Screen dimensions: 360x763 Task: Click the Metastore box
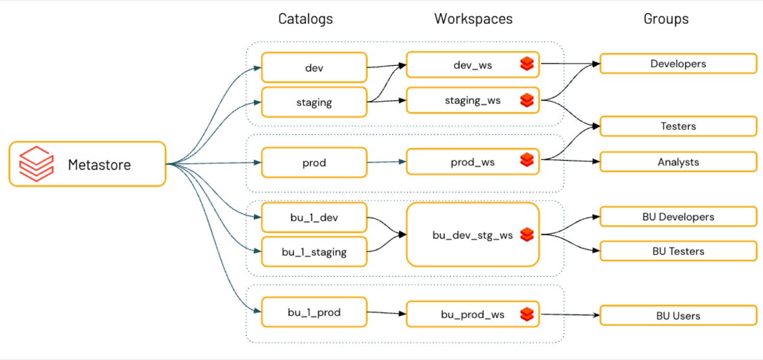(87, 164)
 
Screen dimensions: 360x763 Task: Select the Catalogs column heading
(305, 19)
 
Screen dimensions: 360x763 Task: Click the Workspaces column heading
(473, 19)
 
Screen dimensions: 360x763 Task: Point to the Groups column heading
(666, 19)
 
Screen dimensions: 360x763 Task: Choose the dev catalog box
(314, 67)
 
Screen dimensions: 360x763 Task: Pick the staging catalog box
(314, 102)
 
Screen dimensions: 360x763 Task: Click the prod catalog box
(314, 163)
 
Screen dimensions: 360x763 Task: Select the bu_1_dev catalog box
(314, 217)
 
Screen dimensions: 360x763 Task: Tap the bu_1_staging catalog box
(314, 251)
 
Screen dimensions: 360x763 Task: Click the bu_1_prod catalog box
(314, 312)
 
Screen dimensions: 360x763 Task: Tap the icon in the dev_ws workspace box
(527, 64)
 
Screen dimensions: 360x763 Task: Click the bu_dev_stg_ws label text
(472, 235)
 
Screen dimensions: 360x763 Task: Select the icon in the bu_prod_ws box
(527, 314)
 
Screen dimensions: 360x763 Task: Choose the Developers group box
(678, 64)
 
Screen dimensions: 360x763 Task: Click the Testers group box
(678, 126)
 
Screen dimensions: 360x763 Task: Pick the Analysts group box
(678, 162)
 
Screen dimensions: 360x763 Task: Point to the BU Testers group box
(678, 251)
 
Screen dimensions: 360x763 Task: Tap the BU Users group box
(678, 315)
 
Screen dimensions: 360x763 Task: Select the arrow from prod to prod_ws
(386, 162)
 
